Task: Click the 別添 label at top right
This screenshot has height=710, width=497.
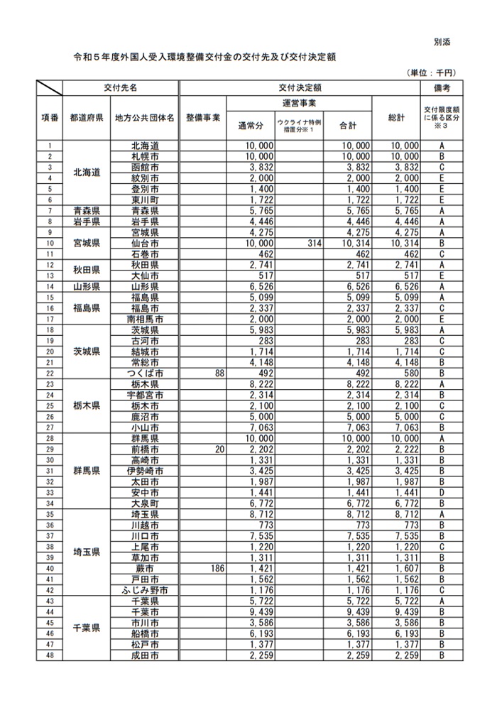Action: pyautogui.click(x=441, y=43)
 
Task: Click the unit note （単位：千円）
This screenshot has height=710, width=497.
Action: pyautogui.click(x=430, y=72)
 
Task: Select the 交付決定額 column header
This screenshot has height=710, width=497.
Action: pyautogui.click(x=301, y=88)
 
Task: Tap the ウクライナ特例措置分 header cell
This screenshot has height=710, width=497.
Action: pyautogui.click(x=299, y=126)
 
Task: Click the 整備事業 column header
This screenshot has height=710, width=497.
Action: pyautogui.click(x=203, y=117)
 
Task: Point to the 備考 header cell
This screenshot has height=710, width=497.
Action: pyautogui.click(x=441, y=88)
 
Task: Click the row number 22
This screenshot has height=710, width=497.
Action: pyautogui.click(x=50, y=372)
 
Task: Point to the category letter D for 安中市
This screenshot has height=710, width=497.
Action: pyautogui.click(x=441, y=492)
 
